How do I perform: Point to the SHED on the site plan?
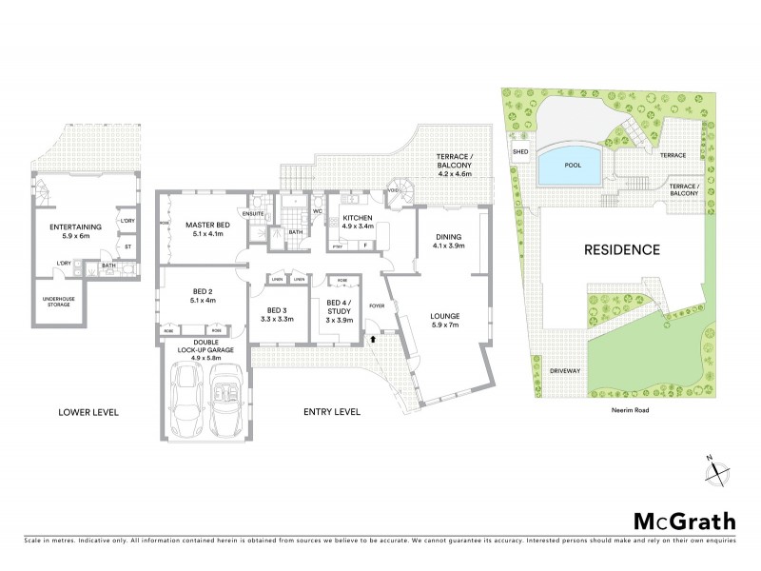tap(520, 151)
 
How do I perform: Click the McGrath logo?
tap(685, 521)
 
